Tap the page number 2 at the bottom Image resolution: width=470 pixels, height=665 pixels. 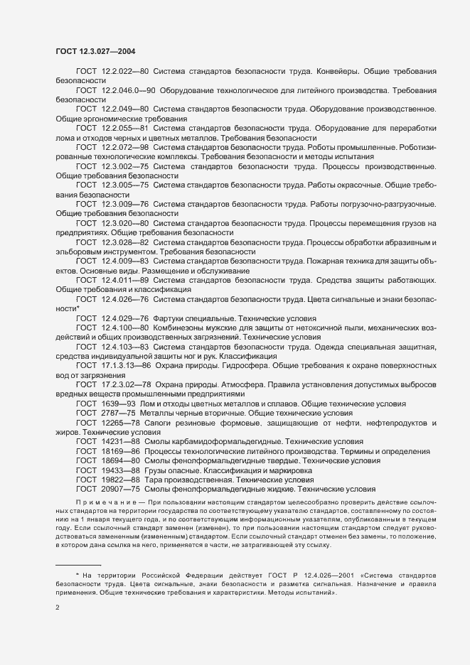coord(58,608)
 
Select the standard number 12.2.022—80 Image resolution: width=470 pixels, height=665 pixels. coord(125,72)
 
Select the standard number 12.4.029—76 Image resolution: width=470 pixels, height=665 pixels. coord(125,318)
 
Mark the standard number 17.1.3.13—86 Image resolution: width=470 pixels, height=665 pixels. coord(127,364)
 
